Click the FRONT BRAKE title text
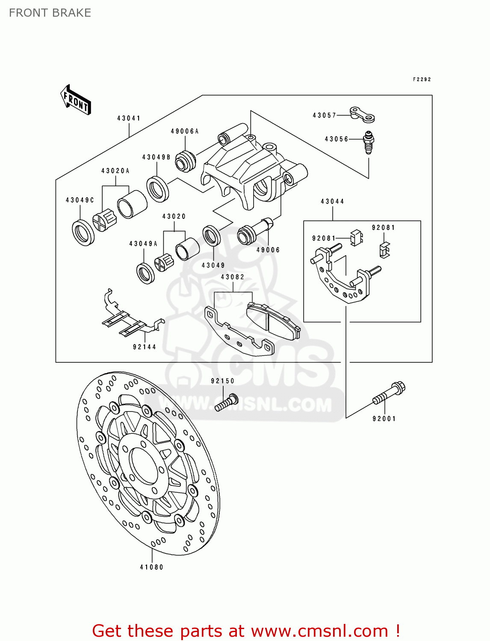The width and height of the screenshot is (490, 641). (50, 13)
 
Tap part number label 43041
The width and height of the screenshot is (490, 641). (129, 118)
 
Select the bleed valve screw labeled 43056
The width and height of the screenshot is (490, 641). (369, 142)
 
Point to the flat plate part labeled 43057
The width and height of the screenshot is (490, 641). (362, 114)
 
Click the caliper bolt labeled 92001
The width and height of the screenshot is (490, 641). (389, 394)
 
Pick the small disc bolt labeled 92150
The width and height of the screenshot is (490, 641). (226, 403)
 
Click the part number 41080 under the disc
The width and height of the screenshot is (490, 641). (152, 567)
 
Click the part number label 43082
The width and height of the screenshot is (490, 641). (233, 277)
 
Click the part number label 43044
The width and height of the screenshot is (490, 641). (332, 201)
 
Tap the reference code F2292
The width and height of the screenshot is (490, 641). (422, 79)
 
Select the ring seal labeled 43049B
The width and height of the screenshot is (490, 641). (157, 188)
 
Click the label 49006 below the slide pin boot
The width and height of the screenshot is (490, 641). (268, 250)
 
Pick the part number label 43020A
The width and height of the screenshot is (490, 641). (115, 171)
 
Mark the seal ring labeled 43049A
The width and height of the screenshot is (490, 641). (145, 273)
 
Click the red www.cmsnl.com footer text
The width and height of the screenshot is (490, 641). (319, 631)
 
